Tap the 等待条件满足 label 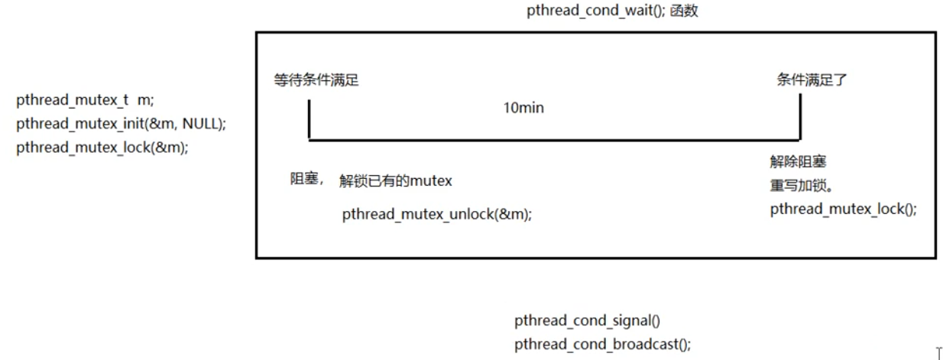tap(316, 80)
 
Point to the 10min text tap(523, 108)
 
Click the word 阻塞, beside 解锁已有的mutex tap(306, 180)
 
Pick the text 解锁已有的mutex tap(396, 181)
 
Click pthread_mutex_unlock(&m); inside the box tap(437, 216)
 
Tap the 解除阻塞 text tap(799, 162)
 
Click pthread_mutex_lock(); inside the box tap(843, 208)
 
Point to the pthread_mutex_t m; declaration tap(85, 100)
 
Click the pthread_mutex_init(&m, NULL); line tap(122, 124)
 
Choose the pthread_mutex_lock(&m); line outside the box tap(102, 148)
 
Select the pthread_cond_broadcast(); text tap(602, 344)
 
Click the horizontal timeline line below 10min tap(555, 140)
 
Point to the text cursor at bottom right tap(938, 353)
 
